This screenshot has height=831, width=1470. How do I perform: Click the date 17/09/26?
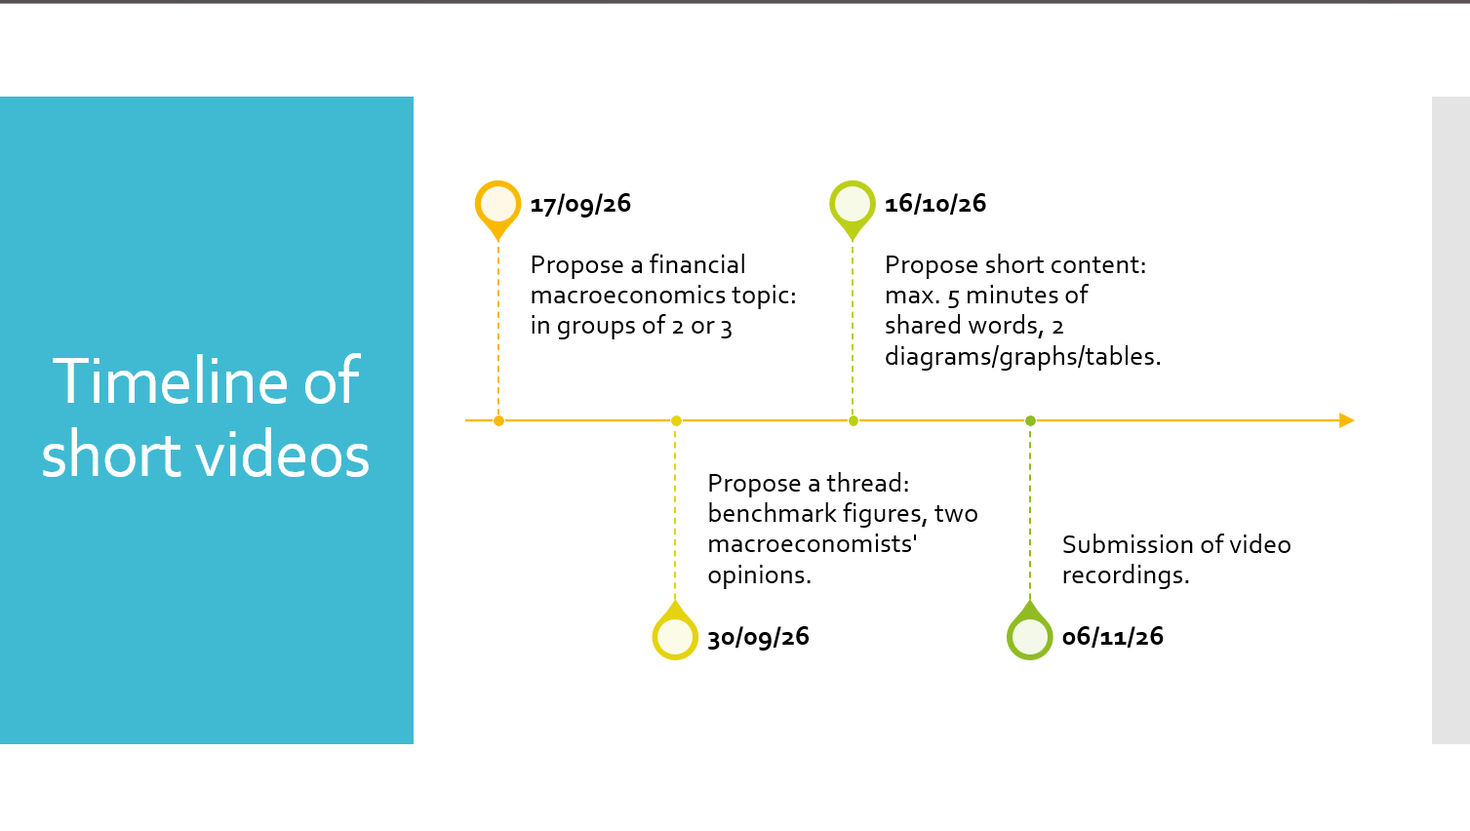580,204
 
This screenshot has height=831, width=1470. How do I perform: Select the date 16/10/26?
935,204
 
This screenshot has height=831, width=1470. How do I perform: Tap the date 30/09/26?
758,637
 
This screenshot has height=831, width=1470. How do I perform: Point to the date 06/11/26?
1112,637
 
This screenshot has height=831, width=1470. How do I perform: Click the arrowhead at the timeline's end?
1347,420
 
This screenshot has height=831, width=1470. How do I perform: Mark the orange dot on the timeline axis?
498,420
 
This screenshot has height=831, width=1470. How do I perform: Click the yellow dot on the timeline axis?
676,420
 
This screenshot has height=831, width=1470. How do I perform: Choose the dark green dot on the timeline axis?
1030,420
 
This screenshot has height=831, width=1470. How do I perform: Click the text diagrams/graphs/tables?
1022,357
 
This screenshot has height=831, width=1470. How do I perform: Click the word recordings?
1126,576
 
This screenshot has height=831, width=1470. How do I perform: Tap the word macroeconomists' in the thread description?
812,544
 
